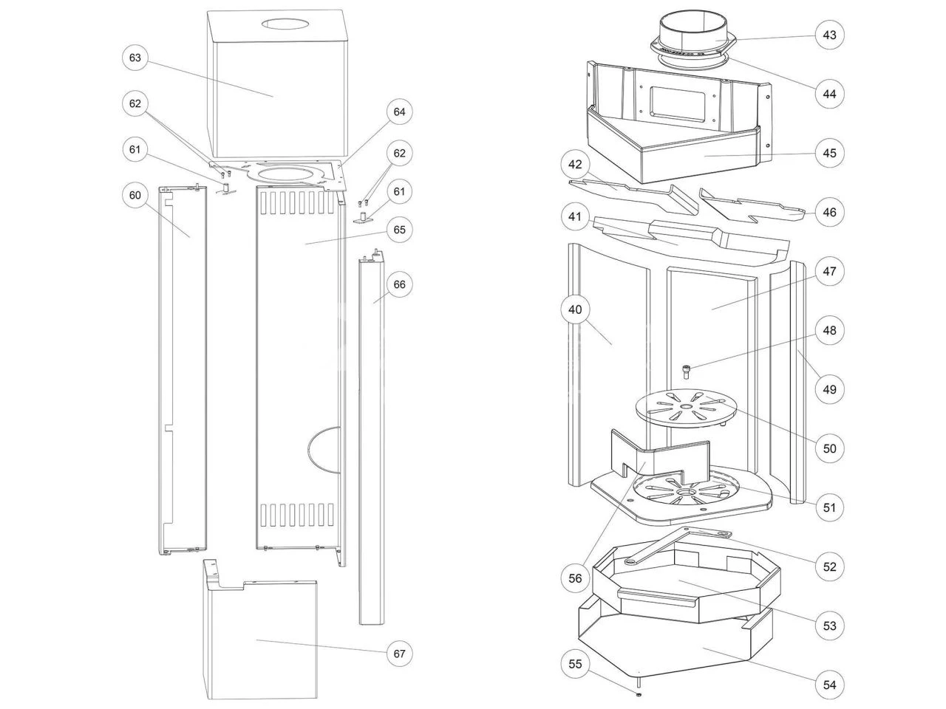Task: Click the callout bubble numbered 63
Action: coord(135,58)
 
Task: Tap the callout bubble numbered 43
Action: coord(829,35)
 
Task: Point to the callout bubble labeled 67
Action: coord(399,654)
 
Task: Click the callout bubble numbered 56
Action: coord(576,579)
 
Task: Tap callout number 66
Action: coord(400,284)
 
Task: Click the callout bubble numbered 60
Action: coord(135,195)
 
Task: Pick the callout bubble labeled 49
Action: coord(829,389)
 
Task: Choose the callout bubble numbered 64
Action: coord(399,112)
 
